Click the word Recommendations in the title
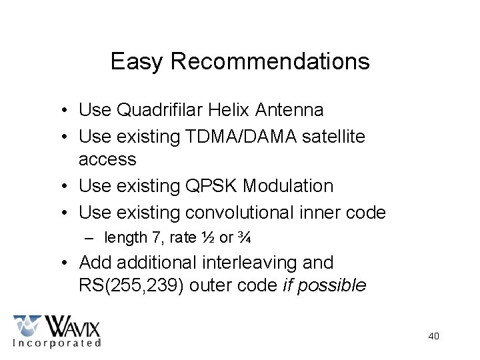click(270, 61)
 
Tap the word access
click(107, 159)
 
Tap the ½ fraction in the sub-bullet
click(207, 237)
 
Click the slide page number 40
click(433, 336)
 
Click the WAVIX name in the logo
click(73, 327)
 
